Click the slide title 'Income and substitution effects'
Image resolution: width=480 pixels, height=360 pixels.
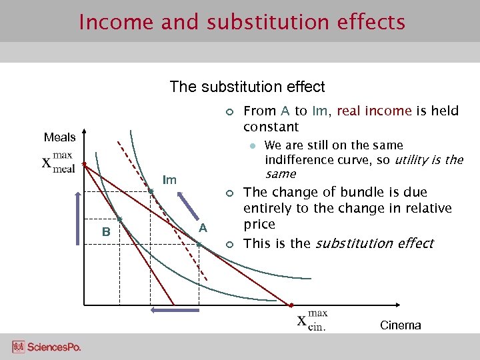coord(241,22)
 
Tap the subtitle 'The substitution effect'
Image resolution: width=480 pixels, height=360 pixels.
coord(247,87)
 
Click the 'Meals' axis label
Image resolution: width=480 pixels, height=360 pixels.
coord(59,137)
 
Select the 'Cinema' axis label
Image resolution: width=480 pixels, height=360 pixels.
coord(400,325)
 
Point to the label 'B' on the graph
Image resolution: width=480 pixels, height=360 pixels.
coord(105,232)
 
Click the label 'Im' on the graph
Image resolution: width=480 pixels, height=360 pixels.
coord(169,180)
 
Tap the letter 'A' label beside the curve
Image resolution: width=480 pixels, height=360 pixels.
coord(204,228)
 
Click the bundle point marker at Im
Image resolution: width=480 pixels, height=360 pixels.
coord(151,191)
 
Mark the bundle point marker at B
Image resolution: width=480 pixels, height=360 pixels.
coord(119,219)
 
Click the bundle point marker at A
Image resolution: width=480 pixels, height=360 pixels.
coord(199,244)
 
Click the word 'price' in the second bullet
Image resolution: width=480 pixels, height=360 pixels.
coord(259,225)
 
